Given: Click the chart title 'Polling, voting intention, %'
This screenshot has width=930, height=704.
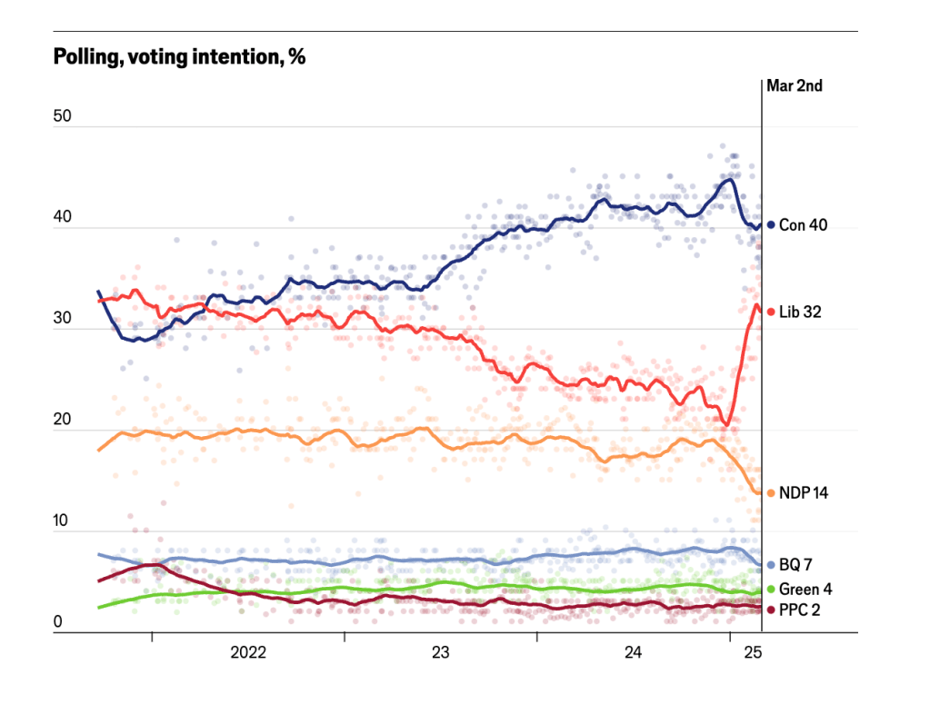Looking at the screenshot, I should tap(179, 57).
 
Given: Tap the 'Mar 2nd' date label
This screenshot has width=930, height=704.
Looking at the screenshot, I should tap(795, 87).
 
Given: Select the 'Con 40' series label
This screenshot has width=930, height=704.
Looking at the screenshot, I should tap(803, 224).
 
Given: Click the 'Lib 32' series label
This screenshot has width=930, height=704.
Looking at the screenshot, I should tap(801, 312).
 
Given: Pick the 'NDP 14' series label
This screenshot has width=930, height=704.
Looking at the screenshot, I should tap(803, 492).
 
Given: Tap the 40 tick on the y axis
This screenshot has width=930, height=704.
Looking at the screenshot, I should tap(63, 218).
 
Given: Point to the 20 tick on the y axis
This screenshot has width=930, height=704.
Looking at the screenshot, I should tap(63, 421).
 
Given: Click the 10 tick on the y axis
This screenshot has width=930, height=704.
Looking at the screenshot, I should tap(63, 521).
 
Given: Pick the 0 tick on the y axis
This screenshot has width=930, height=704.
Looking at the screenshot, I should tap(58, 622).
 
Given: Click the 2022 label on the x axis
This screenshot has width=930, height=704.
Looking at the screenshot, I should tap(248, 652).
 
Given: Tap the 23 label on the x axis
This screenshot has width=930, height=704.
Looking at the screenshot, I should tap(440, 652).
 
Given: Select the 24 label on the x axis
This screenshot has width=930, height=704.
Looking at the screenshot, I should tap(633, 652).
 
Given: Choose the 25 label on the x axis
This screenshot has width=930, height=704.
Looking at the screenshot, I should tap(753, 652).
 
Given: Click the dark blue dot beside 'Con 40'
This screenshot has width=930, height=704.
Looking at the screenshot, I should tap(770, 224).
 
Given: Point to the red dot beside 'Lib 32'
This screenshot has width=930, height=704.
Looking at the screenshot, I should tap(770, 312).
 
